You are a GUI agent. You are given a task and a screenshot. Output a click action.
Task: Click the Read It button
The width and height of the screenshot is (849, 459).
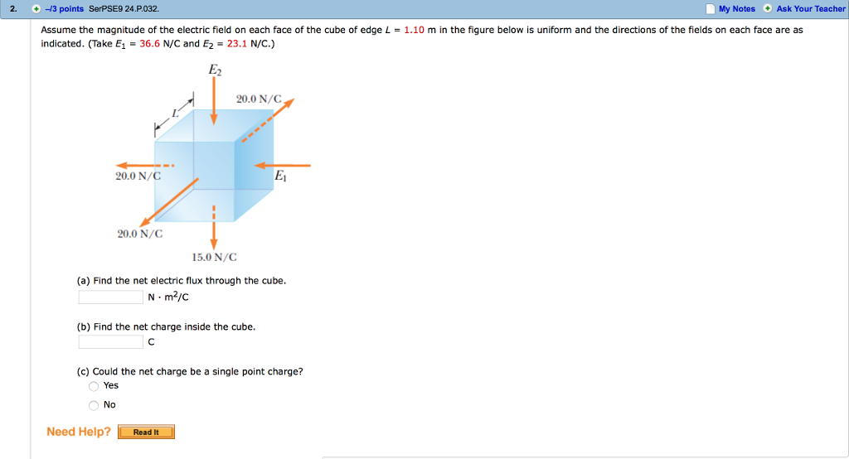tap(146, 432)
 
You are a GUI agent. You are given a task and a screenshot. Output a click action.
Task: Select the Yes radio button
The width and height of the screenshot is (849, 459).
tap(94, 386)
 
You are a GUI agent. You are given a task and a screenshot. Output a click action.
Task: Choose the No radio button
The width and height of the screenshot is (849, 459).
tap(94, 405)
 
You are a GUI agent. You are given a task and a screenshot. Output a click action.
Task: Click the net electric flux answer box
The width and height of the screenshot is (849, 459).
tap(111, 297)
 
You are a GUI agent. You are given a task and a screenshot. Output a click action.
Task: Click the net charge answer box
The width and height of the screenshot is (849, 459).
tap(111, 342)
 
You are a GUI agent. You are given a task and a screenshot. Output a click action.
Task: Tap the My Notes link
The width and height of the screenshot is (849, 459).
tap(736, 9)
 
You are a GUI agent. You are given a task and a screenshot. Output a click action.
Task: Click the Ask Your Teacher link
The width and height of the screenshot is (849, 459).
tap(810, 9)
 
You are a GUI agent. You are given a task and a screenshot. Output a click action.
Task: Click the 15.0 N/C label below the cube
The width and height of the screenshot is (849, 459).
tap(214, 258)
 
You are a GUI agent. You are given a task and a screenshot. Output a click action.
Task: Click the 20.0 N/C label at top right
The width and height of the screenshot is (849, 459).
tap(259, 99)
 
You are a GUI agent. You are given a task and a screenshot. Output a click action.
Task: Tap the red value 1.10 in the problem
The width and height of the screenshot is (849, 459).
tap(414, 30)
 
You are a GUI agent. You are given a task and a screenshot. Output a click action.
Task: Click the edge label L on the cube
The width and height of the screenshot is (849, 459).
tap(175, 112)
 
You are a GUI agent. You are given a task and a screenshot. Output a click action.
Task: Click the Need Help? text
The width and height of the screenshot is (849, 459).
tap(79, 432)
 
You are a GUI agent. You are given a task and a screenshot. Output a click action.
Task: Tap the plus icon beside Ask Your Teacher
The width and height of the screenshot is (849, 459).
tap(768, 9)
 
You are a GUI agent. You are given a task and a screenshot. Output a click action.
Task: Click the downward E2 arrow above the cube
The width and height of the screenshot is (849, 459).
tap(214, 104)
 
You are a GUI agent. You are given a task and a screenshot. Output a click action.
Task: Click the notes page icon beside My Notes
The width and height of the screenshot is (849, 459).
tap(710, 9)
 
